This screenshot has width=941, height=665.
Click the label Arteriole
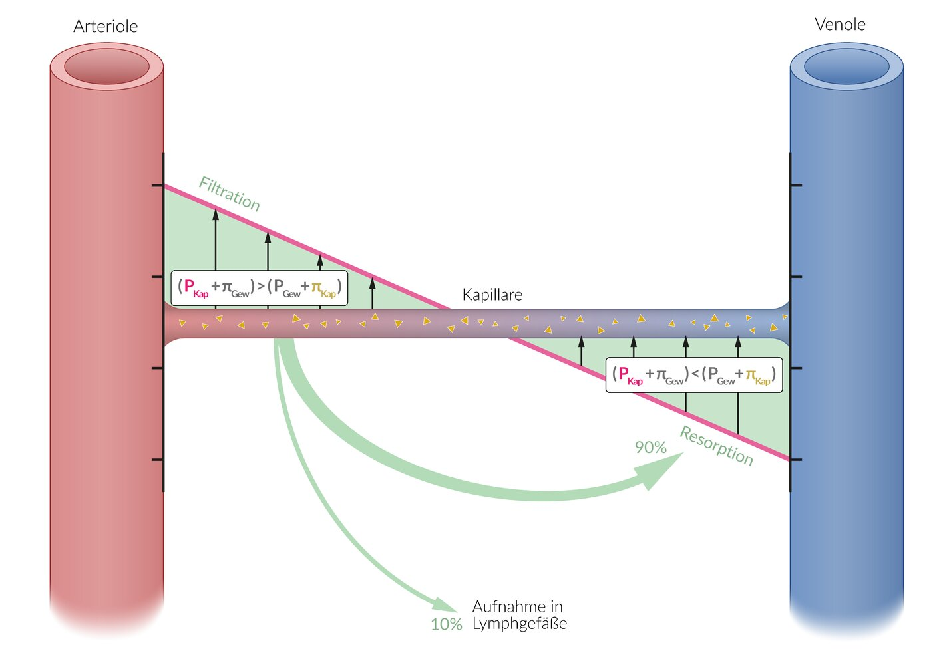coord(105,27)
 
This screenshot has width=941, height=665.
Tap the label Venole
coord(840,25)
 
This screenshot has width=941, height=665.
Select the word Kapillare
coord(492,295)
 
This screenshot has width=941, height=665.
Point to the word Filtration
coord(230,194)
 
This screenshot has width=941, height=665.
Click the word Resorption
coord(717,446)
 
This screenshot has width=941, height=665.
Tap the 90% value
coord(650,448)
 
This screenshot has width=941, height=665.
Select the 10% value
coord(446,624)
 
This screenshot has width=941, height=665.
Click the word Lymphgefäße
coord(520,624)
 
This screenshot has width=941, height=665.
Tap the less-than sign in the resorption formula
coord(695,374)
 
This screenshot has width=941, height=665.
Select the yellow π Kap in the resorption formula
coord(757,376)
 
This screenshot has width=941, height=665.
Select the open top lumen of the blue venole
coord(847,66)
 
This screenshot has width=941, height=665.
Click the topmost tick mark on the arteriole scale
coord(157,185)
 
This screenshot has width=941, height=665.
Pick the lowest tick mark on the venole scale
coord(796,460)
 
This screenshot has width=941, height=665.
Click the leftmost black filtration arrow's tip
coord(216,212)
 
